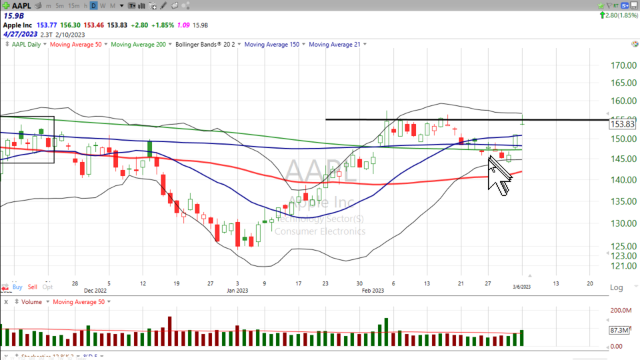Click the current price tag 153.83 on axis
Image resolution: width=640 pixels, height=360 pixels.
tap(623, 124)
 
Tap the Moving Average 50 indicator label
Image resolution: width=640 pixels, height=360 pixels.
tap(76, 45)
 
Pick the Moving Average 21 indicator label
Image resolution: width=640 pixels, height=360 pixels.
tap(335, 45)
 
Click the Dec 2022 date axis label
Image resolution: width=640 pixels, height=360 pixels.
tap(95, 291)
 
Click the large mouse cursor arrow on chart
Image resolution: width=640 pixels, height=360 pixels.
tap(498, 175)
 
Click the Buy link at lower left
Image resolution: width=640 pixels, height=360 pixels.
tap(17, 287)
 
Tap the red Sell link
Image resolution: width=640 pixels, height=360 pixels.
tap(33, 287)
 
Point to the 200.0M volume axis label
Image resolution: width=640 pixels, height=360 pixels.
tap(621, 311)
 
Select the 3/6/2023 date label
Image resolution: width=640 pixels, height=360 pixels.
tap(522, 287)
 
